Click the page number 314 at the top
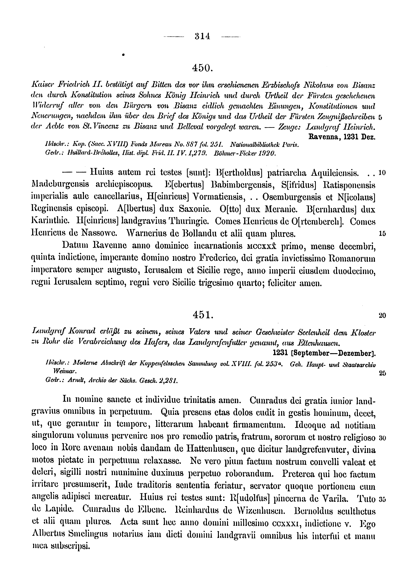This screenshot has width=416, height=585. [202, 36]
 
